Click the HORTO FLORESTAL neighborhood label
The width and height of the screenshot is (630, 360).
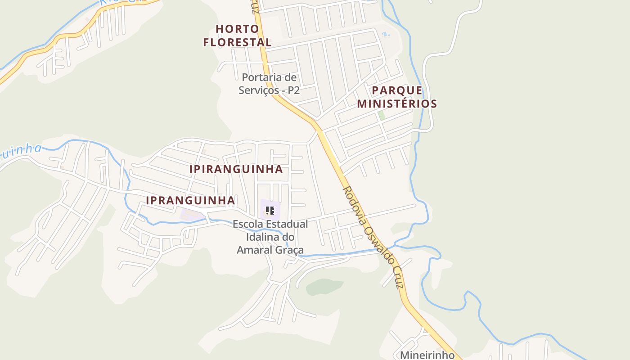(x=237, y=36)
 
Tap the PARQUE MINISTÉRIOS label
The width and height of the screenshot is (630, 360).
(x=397, y=97)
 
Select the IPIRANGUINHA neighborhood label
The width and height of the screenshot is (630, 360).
(x=236, y=169)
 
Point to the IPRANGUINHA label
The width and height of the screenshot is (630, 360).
(x=190, y=200)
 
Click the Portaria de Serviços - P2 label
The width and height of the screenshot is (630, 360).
(x=269, y=84)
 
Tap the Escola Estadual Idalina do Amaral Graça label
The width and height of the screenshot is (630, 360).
(x=270, y=237)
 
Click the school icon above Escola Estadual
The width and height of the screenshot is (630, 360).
(x=270, y=210)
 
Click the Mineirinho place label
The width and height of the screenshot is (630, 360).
(x=427, y=355)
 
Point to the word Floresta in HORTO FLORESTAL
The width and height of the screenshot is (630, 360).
(x=237, y=42)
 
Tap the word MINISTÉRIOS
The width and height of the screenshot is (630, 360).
(x=397, y=103)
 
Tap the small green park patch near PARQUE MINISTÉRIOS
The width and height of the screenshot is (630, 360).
(x=382, y=115)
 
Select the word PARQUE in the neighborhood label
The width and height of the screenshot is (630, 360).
(x=397, y=90)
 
